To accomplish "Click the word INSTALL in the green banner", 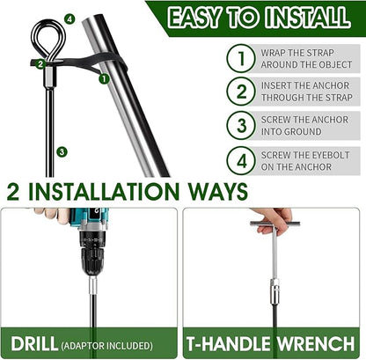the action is [x=308, y=17].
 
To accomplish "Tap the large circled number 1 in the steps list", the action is [x=241, y=58].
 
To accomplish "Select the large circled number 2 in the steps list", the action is [x=241, y=92].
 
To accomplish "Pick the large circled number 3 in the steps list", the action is [x=241, y=125].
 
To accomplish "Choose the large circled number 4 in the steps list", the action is [x=241, y=161].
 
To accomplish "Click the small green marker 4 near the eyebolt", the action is [x=70, y=19].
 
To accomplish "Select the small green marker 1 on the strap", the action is [x=104, y=78].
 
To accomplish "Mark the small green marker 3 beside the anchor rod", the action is [x=62, y=152].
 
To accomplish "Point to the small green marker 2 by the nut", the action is [x=40, y=63].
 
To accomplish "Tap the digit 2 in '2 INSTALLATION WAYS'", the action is [x=13, y=192].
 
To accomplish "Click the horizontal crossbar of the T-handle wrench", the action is [x=275, y=224].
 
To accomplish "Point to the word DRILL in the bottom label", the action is [x=34, y=343].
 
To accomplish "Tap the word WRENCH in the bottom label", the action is [x=316, y=343].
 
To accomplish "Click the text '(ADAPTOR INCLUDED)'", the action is [x=106, y=346].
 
